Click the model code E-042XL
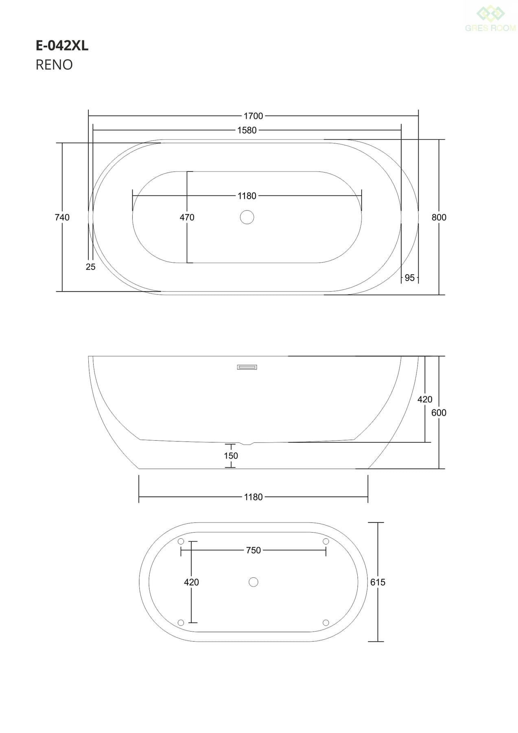pyautogui.click(x=62, y=46)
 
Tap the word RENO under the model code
pyautogui.click(x=54, y=65)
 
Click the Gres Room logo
pyautogui.click(x=490, y=18)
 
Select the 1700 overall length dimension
pyautogui.click(x=254, y=116)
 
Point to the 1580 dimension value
pyautogui.click(x=247, y=130)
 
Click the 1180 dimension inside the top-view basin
pyautogui.click(x=247, y=196)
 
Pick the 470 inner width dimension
pyautogui.click(x=187, y=217)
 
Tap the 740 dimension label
pyautogui.click(x=62, y=217)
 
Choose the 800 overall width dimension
pyautogui.click(x=439, y=217)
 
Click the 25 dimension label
pyautogui.click(x=91, y=267)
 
